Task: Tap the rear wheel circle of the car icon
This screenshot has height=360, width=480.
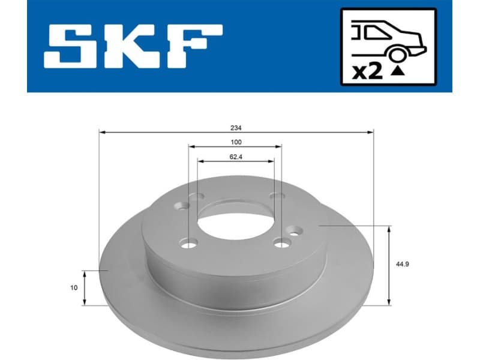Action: point(397,55)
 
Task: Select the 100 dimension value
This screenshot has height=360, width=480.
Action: point(236,142)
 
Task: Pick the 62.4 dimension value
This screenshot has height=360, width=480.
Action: point(236,157)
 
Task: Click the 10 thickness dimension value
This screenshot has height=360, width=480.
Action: point(73,288)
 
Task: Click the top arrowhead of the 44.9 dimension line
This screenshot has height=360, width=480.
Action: point(391,229)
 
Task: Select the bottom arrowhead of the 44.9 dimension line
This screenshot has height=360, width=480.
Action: point(391,302)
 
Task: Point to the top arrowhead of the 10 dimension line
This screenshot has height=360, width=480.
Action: point(85,273)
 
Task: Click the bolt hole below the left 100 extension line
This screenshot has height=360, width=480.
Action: point(189,243)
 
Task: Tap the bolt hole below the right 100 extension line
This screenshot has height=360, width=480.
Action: point(280,243)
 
